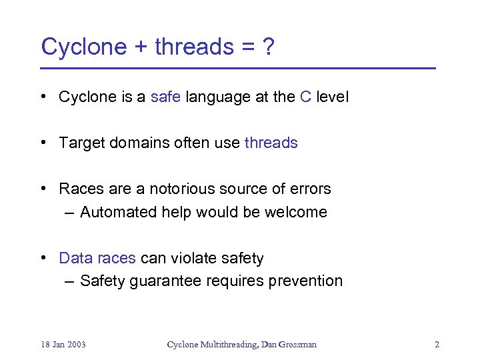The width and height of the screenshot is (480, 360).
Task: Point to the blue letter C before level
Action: [305, 97]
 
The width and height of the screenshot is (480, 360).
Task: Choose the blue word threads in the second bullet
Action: [271, 143]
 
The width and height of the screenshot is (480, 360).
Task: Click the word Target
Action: [81, 143]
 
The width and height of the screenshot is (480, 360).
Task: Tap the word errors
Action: [309, 189]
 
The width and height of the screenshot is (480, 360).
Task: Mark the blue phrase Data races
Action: [97, 258]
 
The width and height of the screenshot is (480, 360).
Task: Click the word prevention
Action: [305, 281]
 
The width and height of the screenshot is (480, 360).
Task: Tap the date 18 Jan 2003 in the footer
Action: [63, 345]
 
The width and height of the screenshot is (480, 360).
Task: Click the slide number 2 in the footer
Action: [437, 345]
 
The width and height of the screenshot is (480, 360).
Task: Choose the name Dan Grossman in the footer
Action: [289, 345]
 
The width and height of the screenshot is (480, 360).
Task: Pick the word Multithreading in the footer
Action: [228, 345]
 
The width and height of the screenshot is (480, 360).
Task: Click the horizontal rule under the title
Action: [237, 69]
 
